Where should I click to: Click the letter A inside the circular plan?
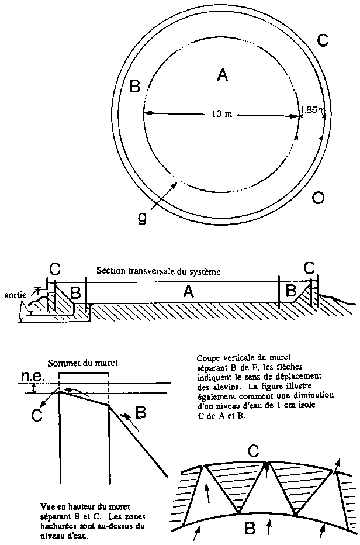[x=223, y=75]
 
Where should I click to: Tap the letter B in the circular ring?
[x=135, y=86]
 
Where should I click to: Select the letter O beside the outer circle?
[x=319, y=198]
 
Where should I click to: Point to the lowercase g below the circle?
[x=141, y=217]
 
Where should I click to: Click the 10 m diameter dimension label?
[x=221, y=113]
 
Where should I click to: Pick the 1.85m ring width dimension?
[x=311, y=110]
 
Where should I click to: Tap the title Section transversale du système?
[x=158, y=271]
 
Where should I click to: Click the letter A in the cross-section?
[x=188, y=292]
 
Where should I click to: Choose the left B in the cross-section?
[x=76, y=292]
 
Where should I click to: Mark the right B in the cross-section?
[x=291, y=291]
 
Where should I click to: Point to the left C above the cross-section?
[x=54, y=268]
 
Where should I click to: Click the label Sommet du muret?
[x=83, y=364]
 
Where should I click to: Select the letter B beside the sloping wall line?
[x=140, y=413]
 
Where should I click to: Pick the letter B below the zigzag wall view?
[x=250, y=529]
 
